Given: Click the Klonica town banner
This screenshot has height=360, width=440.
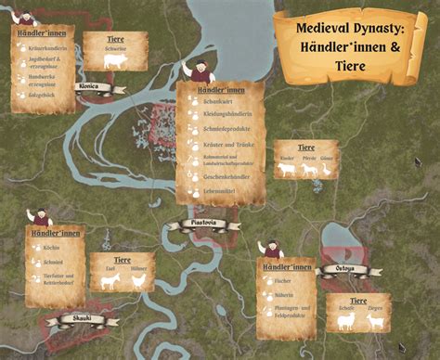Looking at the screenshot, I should [x=89, y=87].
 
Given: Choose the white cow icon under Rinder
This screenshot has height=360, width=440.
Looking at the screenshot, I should [x=288, y=170].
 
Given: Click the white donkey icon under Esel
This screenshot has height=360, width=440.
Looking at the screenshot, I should [x=110, y=280].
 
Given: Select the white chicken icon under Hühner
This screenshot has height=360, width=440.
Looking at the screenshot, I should [x=138, y=281].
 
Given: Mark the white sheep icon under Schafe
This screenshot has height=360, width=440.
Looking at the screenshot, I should [x=344, y=321].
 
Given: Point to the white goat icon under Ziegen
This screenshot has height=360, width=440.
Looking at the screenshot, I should [x=375, y=321].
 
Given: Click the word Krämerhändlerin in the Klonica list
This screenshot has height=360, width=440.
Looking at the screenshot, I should [x=49, y=46].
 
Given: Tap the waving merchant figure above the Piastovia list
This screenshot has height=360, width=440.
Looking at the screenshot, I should [x=199, y=71].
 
